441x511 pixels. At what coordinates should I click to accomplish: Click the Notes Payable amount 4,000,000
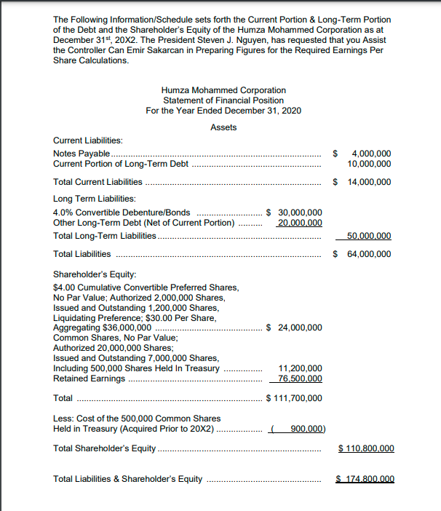[x=371, y=154]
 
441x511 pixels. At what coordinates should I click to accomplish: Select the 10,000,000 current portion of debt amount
[x=369, y=164]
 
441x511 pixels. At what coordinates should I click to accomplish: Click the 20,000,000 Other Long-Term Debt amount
[x=300, y=222]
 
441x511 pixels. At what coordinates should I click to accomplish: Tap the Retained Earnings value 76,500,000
[x=300, y=379]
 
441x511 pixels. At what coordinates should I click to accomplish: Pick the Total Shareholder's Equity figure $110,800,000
[x=367, y=448]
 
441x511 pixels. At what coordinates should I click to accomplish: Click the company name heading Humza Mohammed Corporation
[x=223, y=90]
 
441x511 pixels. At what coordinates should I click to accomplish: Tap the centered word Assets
[x=223, y=127]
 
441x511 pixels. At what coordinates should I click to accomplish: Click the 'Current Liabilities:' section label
[x=88, y=140]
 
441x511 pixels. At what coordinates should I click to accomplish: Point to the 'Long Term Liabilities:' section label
[x=95, y=198]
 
